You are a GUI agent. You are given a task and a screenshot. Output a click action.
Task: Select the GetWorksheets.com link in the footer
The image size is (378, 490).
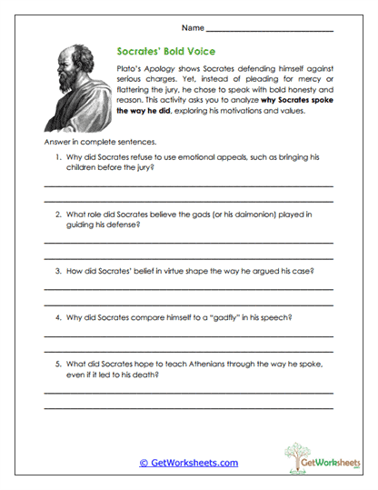[188, 463]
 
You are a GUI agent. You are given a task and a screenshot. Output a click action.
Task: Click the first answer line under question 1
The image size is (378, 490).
[189, 186]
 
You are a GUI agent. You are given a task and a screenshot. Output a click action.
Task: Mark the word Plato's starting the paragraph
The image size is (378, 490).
[129, 69]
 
